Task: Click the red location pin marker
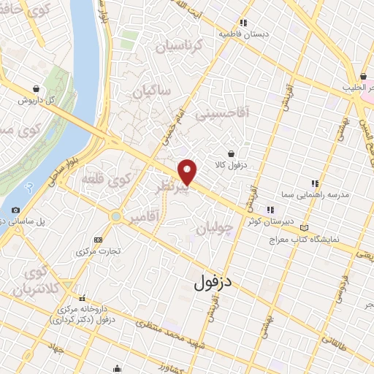point(188,171)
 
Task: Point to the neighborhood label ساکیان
point(150,93)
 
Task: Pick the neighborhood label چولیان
point(216,229)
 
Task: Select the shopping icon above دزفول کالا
point(232,153)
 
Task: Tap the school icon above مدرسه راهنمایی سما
point(315,184)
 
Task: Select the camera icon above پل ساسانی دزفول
point(16,210)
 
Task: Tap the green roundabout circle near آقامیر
point(115,216)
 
